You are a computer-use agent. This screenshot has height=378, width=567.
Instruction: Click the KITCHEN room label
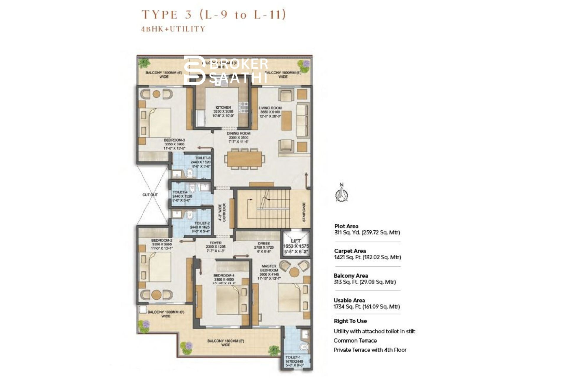pos(223,108)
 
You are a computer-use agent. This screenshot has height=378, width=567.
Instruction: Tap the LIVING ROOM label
pos(270,108)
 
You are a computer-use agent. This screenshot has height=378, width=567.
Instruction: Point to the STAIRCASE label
pos(304,212)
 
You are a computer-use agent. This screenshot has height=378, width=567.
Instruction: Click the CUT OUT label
pos(150,195)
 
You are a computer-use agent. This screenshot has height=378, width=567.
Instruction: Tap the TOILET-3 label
pos(202,158)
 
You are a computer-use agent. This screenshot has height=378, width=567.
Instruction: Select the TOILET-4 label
pos(180,192)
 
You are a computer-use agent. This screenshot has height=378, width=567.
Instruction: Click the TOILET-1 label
pos(293,358)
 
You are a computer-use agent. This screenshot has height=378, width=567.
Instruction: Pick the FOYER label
pos(215,243)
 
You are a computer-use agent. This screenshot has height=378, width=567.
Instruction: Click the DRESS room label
pos(264,243)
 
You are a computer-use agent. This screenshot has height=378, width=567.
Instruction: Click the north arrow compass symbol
pos(342,193)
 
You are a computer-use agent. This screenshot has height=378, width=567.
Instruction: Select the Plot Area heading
pos(346,226)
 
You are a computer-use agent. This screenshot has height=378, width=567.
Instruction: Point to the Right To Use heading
pos(350,321)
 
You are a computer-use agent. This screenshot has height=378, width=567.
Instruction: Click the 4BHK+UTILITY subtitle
pos(173,29)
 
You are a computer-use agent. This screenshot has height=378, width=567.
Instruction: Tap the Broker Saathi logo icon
pos(194,70)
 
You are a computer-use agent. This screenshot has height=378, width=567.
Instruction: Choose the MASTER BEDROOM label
pos(269,268)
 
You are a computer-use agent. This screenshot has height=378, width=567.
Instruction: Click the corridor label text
pos(222,212)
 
